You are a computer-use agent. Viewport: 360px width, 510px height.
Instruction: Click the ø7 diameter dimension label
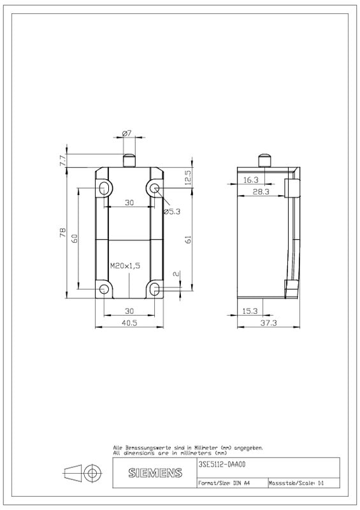[127, 133]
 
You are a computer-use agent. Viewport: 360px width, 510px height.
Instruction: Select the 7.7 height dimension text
[63, 161]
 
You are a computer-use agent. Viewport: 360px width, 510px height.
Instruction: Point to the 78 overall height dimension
[62, 232]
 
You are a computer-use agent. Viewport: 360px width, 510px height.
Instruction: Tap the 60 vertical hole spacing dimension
[75, 238]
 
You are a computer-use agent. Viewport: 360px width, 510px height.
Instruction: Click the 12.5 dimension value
[187, 177]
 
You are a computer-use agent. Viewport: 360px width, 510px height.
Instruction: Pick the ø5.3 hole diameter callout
[171, 212]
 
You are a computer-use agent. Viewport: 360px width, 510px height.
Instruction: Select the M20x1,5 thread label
[125, 266]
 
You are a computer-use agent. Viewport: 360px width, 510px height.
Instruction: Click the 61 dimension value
[187, 240]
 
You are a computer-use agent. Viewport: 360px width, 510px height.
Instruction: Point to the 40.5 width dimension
[129, 323]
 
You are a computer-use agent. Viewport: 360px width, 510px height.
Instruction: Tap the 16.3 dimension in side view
[251, 180]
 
